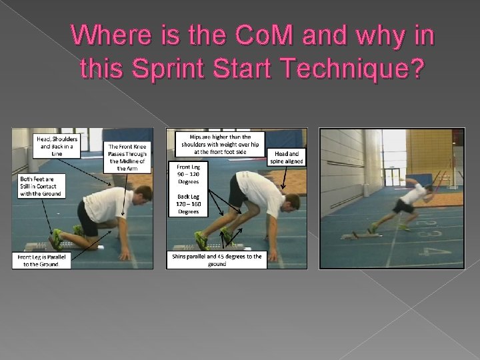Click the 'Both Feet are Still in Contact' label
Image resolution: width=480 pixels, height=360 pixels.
[x=40, y=186]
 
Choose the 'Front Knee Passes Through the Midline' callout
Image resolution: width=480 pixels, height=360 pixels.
[x=127, y=157]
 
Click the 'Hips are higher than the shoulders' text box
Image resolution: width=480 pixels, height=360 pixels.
[x=219, y=143]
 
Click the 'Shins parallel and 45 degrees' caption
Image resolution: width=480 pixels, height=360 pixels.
[x=216, y=260]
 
